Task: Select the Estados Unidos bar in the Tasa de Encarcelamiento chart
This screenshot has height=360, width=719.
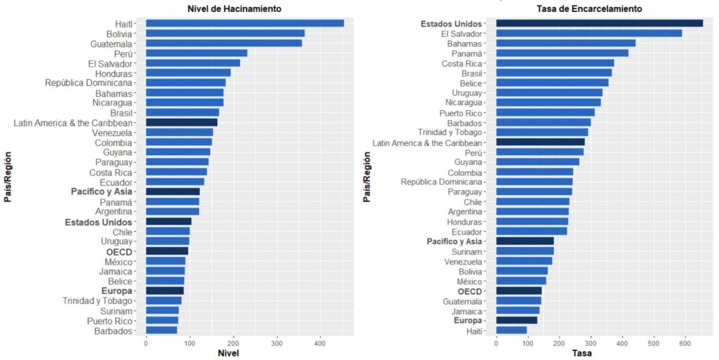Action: pyautogui.click(x=599, y=23)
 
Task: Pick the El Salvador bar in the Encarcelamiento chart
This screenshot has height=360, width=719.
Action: pyautogui.click(x=588, y=33)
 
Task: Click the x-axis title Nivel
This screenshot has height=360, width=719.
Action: pyautogui.click(x=229, y=353)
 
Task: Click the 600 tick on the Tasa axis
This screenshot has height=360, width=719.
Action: pyautogui.click(x=685, y=343)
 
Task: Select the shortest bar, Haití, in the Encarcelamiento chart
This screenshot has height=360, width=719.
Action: pyautogui.click(x=511, y=330)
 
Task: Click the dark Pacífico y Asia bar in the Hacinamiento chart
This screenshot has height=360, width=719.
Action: pyautogui.click(x=173, y=191)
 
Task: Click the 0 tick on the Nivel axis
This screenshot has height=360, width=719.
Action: pyautogui.click(x=145, y=343)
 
